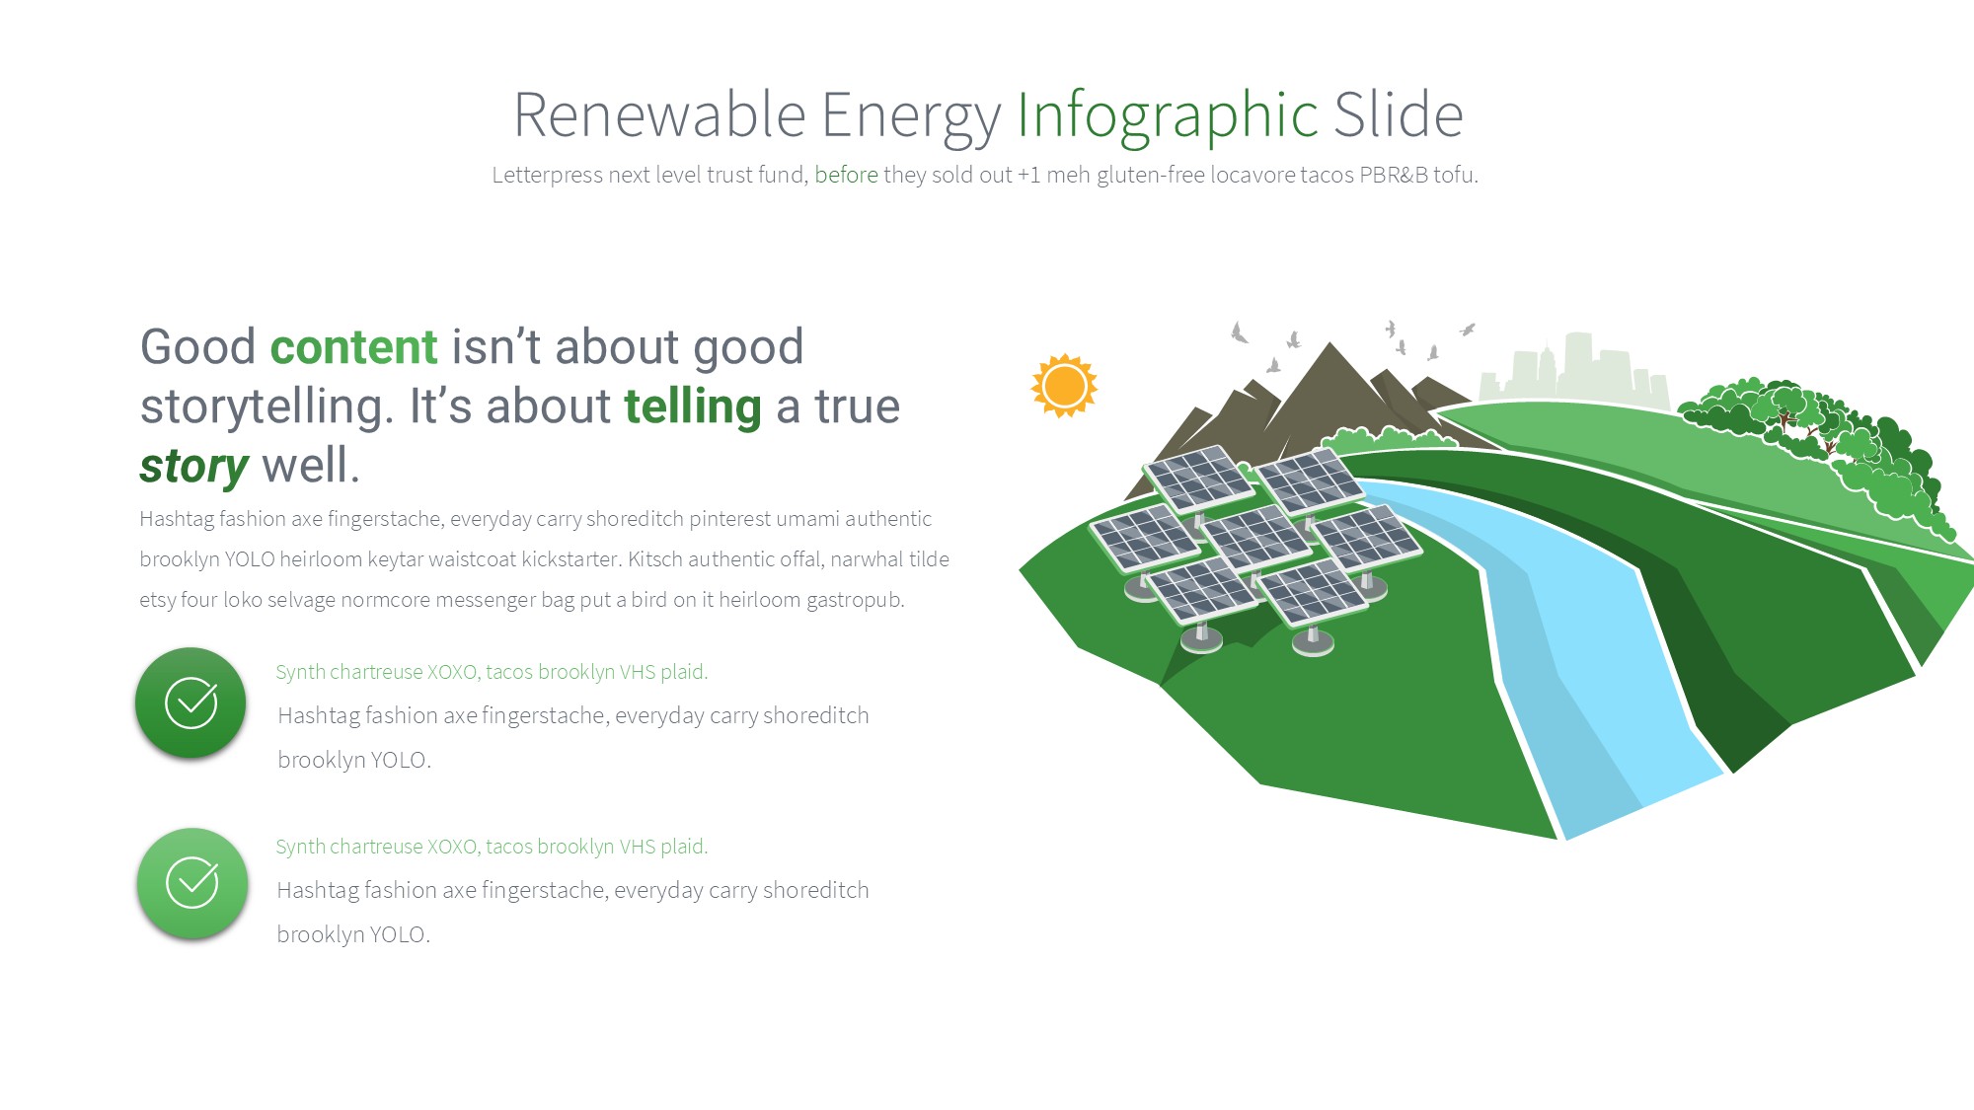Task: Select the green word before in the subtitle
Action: [x=846, y=175]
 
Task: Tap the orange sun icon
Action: [x=1064, y=386]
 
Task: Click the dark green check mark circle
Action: [x=190, y=703]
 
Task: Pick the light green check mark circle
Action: [x=192, y=883]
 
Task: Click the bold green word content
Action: [x=353, y=347]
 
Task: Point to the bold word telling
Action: [x=693, y=407]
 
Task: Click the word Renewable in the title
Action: [x=659, y=114]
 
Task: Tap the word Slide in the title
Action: [x=1399, y=114]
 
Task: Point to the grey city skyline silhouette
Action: [x=1574, y=371]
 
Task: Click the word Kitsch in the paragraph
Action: [x=654, y=559]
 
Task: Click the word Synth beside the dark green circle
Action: [x=300, y=672]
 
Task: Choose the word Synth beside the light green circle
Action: [x=300, y=847]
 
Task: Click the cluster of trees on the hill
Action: [x=1816, y=444]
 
